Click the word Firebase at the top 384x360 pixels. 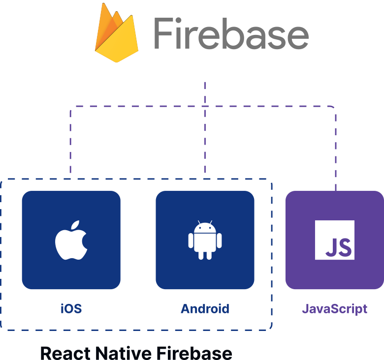tap(230, 33)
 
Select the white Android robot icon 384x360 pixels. tap(205, 240)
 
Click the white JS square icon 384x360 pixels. tap(335, 240)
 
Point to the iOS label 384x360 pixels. tap(71, 309)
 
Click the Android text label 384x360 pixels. tap(205, 309)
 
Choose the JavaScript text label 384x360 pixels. tap(334, 309)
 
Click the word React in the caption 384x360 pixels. tap(65, 353)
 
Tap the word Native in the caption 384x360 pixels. tap(124, 353)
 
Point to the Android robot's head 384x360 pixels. tap(205, 228)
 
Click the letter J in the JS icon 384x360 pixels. tap(330, 247)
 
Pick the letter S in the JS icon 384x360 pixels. tap(345, 247)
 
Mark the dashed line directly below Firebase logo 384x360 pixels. tap(205, 93)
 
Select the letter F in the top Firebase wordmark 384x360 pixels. tap(163, 33)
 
